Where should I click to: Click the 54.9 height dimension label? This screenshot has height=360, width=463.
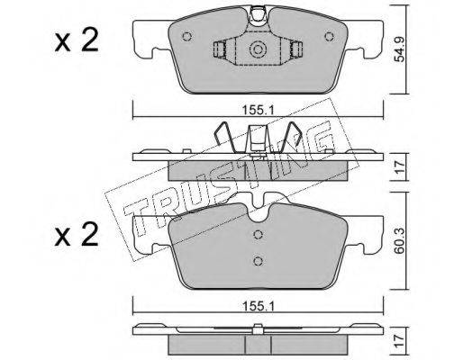click(400, 49)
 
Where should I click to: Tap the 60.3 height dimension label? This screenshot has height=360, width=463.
click(400, 241)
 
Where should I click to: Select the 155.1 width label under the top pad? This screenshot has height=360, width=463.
click(258, 112)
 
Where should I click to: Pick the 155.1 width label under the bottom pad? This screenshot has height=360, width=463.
click(258, 306)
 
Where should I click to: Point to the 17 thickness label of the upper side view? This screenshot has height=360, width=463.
click(400, 167)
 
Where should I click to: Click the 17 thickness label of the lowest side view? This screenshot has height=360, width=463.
click(400, 342)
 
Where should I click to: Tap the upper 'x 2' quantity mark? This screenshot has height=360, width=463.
click(77, 41)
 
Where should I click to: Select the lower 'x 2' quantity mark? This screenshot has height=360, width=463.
click(77, 235)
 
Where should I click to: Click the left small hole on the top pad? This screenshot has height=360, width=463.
click(186, 37)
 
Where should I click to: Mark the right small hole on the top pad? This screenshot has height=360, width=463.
click(330, 37)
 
